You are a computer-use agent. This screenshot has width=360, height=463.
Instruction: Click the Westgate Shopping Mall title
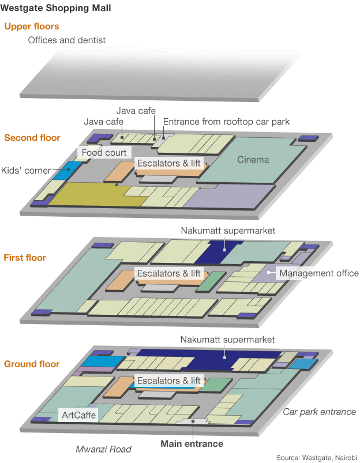(x=55, y=8)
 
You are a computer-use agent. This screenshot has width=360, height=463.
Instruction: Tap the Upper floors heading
(x=32, y=27)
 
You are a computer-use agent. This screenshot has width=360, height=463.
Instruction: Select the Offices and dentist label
(x=67, y=40)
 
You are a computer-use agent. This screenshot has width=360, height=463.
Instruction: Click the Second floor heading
(x=32, y=138)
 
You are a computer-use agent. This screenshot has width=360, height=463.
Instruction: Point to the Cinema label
(x=253, y=160)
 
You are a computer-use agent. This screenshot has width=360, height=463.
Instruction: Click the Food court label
(x=104, y=152)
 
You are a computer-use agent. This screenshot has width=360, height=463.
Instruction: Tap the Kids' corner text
(x=26, y=170)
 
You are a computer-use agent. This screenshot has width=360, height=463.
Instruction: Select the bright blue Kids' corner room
(x=67, y=171)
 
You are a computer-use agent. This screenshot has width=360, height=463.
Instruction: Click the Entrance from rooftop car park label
(x=226, y=122)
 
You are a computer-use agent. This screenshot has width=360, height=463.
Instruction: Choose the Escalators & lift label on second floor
(x=169, y=163)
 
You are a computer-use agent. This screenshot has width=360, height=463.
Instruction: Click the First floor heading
(x=25, y=258)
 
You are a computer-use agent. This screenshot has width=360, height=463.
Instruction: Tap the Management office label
(x=319, y=273)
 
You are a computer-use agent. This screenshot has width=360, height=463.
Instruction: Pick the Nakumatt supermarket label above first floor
(x=228, y=231)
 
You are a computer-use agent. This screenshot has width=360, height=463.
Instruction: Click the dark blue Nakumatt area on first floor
(x=219, y=252)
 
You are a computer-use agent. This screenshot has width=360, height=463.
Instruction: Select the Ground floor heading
(x=32, y=364)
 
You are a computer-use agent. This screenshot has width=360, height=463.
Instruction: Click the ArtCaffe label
(x=78, y=415)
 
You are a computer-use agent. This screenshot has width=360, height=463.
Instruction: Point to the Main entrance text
(x=192, y=444)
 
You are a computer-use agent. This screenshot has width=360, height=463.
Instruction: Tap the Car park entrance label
(x=319, y=412)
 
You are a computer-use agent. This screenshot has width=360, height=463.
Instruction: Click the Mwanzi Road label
(x=103, y=449)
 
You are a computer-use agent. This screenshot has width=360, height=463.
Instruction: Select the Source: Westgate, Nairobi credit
(x=317, y=458)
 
